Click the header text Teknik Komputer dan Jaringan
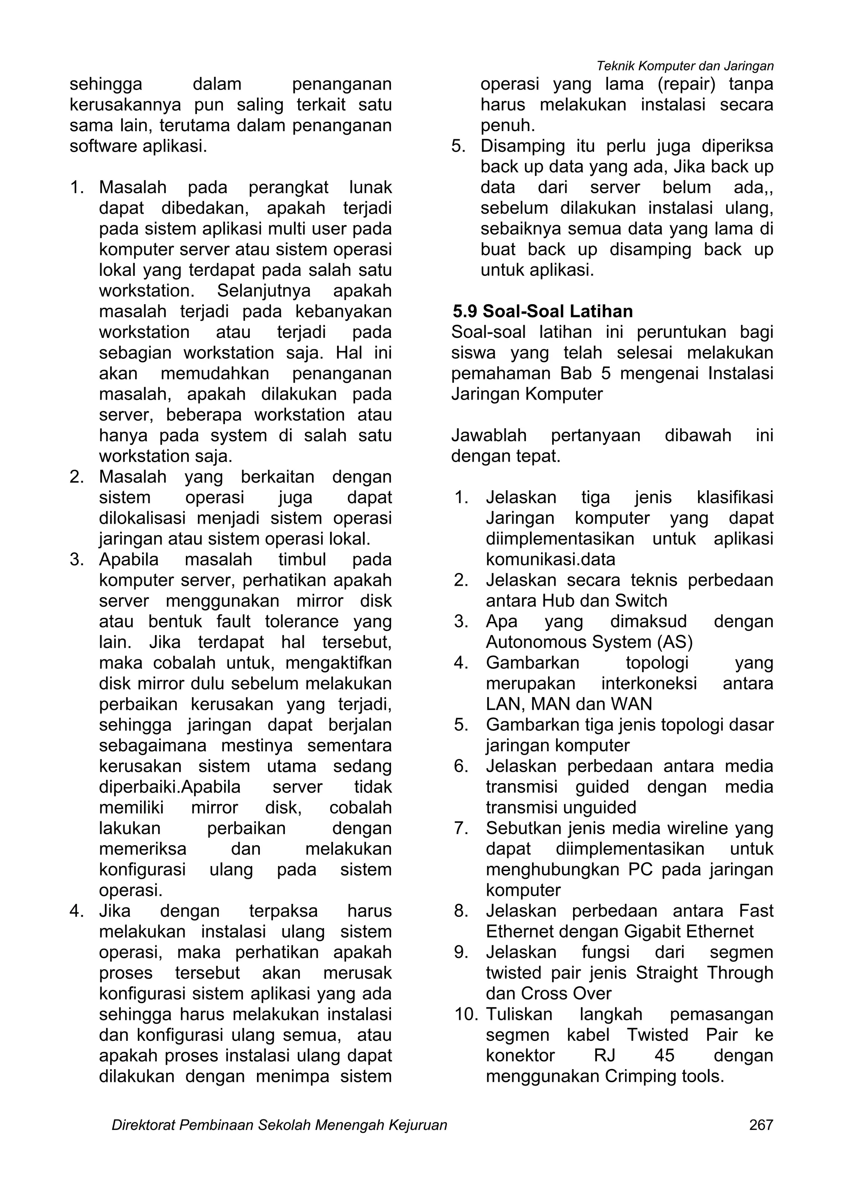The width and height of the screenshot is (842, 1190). (x=685, y=66)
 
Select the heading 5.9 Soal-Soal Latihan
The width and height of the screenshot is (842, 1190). (x=542, y=311)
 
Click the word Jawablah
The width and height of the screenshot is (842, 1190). (x=488, y=435)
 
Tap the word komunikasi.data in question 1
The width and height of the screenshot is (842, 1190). (x=550, y=560)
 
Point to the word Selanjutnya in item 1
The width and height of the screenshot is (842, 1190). (x=264, y=291)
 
